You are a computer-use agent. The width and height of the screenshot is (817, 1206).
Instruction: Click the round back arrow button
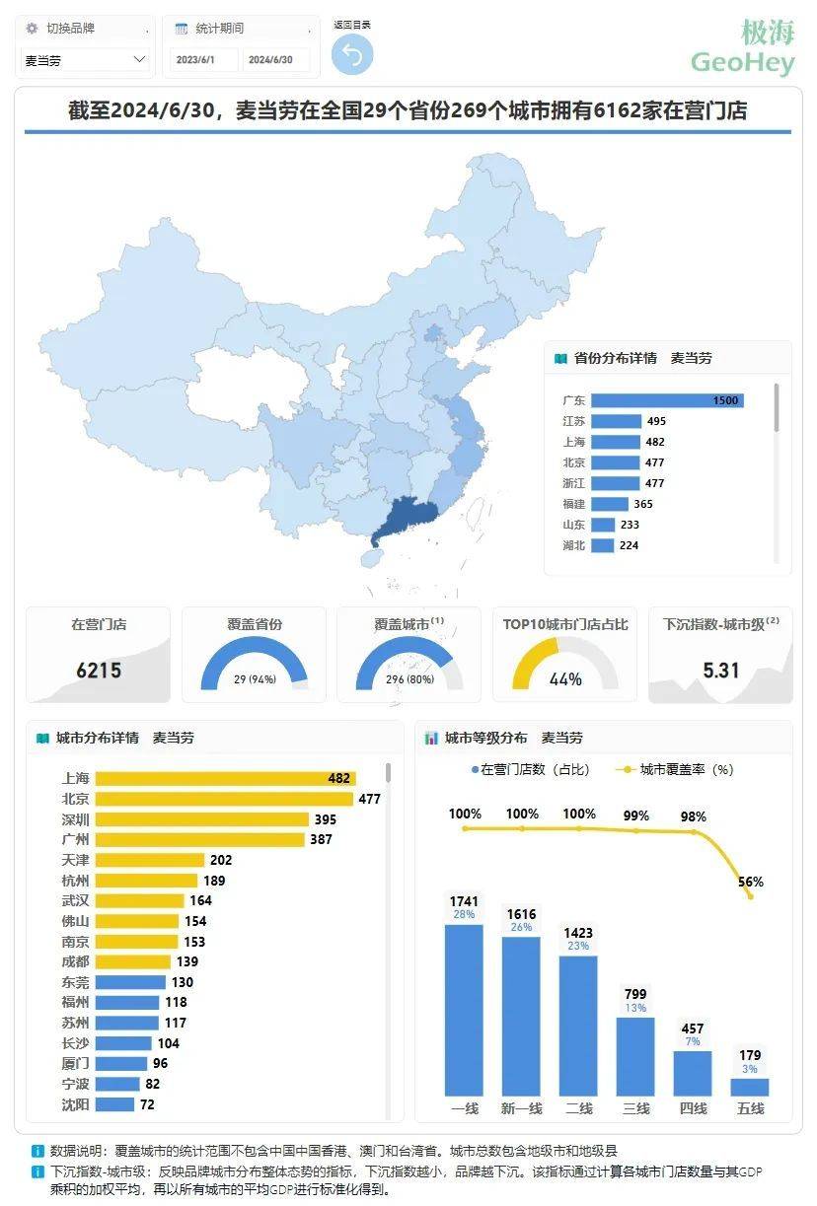pos(352,54)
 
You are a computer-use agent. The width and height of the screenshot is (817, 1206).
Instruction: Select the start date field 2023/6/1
pos(202,60)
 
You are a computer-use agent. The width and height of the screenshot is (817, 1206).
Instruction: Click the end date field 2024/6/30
pos(270,60)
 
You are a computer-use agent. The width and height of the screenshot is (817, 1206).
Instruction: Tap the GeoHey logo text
pos(743,62)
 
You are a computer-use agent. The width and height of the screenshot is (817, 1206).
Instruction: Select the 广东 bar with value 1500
pos(667,400)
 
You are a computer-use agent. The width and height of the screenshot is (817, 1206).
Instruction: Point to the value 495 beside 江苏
pos(656,421)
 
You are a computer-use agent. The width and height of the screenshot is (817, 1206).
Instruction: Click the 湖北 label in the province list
pos(573,545)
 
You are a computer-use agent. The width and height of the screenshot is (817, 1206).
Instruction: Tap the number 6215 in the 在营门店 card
pos(99,671)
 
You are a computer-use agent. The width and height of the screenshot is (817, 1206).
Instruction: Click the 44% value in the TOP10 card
pos(565,678)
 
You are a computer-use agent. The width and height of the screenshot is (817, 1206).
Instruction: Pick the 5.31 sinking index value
pos(720,671)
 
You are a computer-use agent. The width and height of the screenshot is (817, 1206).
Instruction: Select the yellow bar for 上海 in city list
pos(225,778)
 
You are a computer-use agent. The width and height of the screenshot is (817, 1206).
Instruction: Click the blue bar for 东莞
pos(130,982)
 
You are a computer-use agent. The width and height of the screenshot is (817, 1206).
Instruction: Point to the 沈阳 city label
pos(75,1104)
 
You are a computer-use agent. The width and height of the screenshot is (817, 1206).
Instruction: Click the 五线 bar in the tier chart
pos(750,1087)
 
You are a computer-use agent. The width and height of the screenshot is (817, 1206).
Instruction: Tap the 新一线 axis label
pos(522,1108)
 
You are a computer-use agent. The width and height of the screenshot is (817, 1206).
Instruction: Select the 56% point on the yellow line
pos(751,895)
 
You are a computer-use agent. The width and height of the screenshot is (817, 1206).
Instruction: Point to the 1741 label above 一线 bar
pos(464,901)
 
